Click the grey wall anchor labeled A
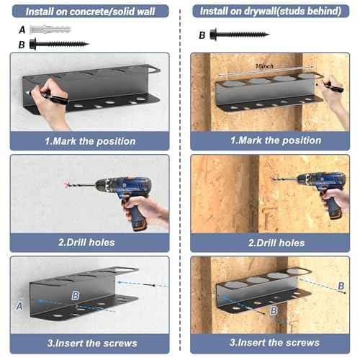point(50,30)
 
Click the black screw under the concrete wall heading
point(59,44)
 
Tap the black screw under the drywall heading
point(240,35)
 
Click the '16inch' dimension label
point(264,66)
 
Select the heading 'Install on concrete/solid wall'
point(90,12)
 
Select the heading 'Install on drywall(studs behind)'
point(271,11)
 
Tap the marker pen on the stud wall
point(333,86)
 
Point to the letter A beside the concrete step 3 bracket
point(19,306)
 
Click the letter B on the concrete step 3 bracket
point(76,295)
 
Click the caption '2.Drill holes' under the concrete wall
point(86,243)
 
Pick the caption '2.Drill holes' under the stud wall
point(276,243)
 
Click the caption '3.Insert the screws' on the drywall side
point(274,342)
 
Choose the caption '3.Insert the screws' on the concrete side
point(92,343)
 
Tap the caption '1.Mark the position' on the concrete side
point(90,141)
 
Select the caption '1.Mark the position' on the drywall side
point(276,140)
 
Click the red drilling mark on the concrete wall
point(67,184)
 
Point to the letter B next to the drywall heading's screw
point(202,35)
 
